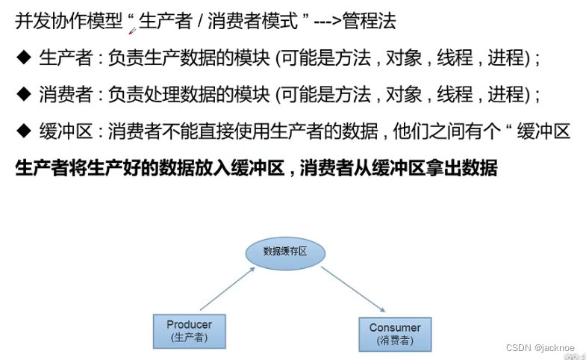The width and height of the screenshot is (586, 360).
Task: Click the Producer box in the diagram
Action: tap(189, 331)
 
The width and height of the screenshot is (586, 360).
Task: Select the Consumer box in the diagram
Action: tap(394, 333)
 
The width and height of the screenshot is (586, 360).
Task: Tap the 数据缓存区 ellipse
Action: tap(287, 252)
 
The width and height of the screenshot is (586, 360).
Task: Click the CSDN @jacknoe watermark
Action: tap(540, 348)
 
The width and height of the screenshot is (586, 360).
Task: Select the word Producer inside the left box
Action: tap(189, 324)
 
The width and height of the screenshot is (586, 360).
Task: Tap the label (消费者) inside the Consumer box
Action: tap(394, 341)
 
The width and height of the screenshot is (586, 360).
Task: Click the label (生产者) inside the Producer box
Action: tap(189, 338)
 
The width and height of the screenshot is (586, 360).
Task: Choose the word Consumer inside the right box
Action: tap(394, 327)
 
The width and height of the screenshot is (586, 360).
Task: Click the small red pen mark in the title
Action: tap(132, 31)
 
